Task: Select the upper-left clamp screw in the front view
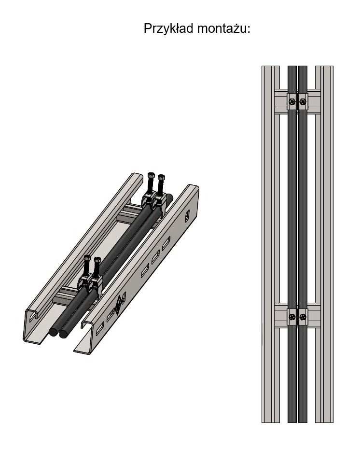click(x=292, y=101)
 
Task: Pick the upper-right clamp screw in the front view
click(x=303, y=101)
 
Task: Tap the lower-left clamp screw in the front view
click(x=292, y=317)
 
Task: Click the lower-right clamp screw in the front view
click(x=303, y=317)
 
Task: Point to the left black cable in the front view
click(x=292, y=244)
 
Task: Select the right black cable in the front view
click(x=303, y=244)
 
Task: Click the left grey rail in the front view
click(x=271, y=244)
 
